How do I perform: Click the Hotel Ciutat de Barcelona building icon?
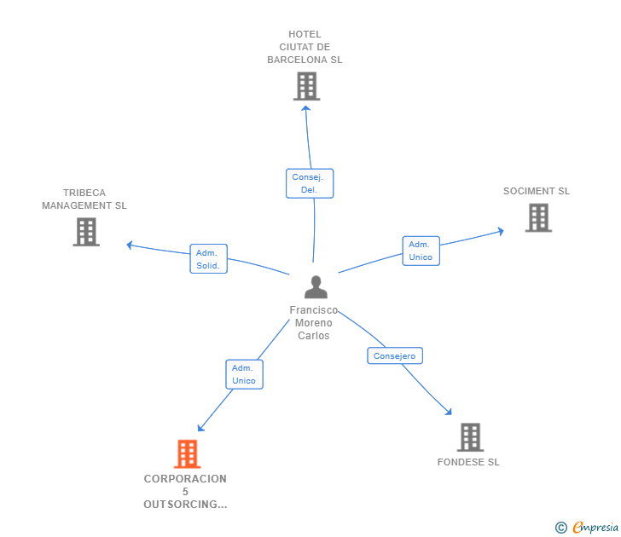click(x=306, y=86)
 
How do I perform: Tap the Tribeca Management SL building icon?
click(x=86, y=232)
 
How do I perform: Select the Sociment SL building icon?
click(x=538, y=217)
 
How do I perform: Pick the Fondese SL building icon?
click(x=471, y=437)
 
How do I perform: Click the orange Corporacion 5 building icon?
click(x=188, y=454)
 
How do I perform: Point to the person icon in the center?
click(x=316, y=287)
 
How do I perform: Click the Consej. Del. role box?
click(x=310, y=183)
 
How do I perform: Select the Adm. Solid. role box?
click(x=209, y=259)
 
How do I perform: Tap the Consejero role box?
click(x=395, y=355)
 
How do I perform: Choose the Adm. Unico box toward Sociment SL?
click(x=421, y=251)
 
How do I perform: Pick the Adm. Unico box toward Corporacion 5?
click(x=244, y=374)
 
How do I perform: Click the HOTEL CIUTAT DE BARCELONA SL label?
click(x=305, y=47)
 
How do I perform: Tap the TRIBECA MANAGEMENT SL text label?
click(x=84, y=199)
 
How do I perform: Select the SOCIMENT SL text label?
click(x=537, y=191)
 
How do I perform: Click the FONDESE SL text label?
click(x=468, y=462)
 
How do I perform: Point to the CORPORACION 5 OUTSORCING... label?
click(x=185, y=492)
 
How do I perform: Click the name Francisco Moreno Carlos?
click(x=314, y=323)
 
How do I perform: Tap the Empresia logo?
click(x=587, y=527)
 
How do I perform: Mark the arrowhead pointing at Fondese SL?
click(x=449, y=412)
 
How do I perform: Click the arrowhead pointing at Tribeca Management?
click(x=130, y=245)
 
